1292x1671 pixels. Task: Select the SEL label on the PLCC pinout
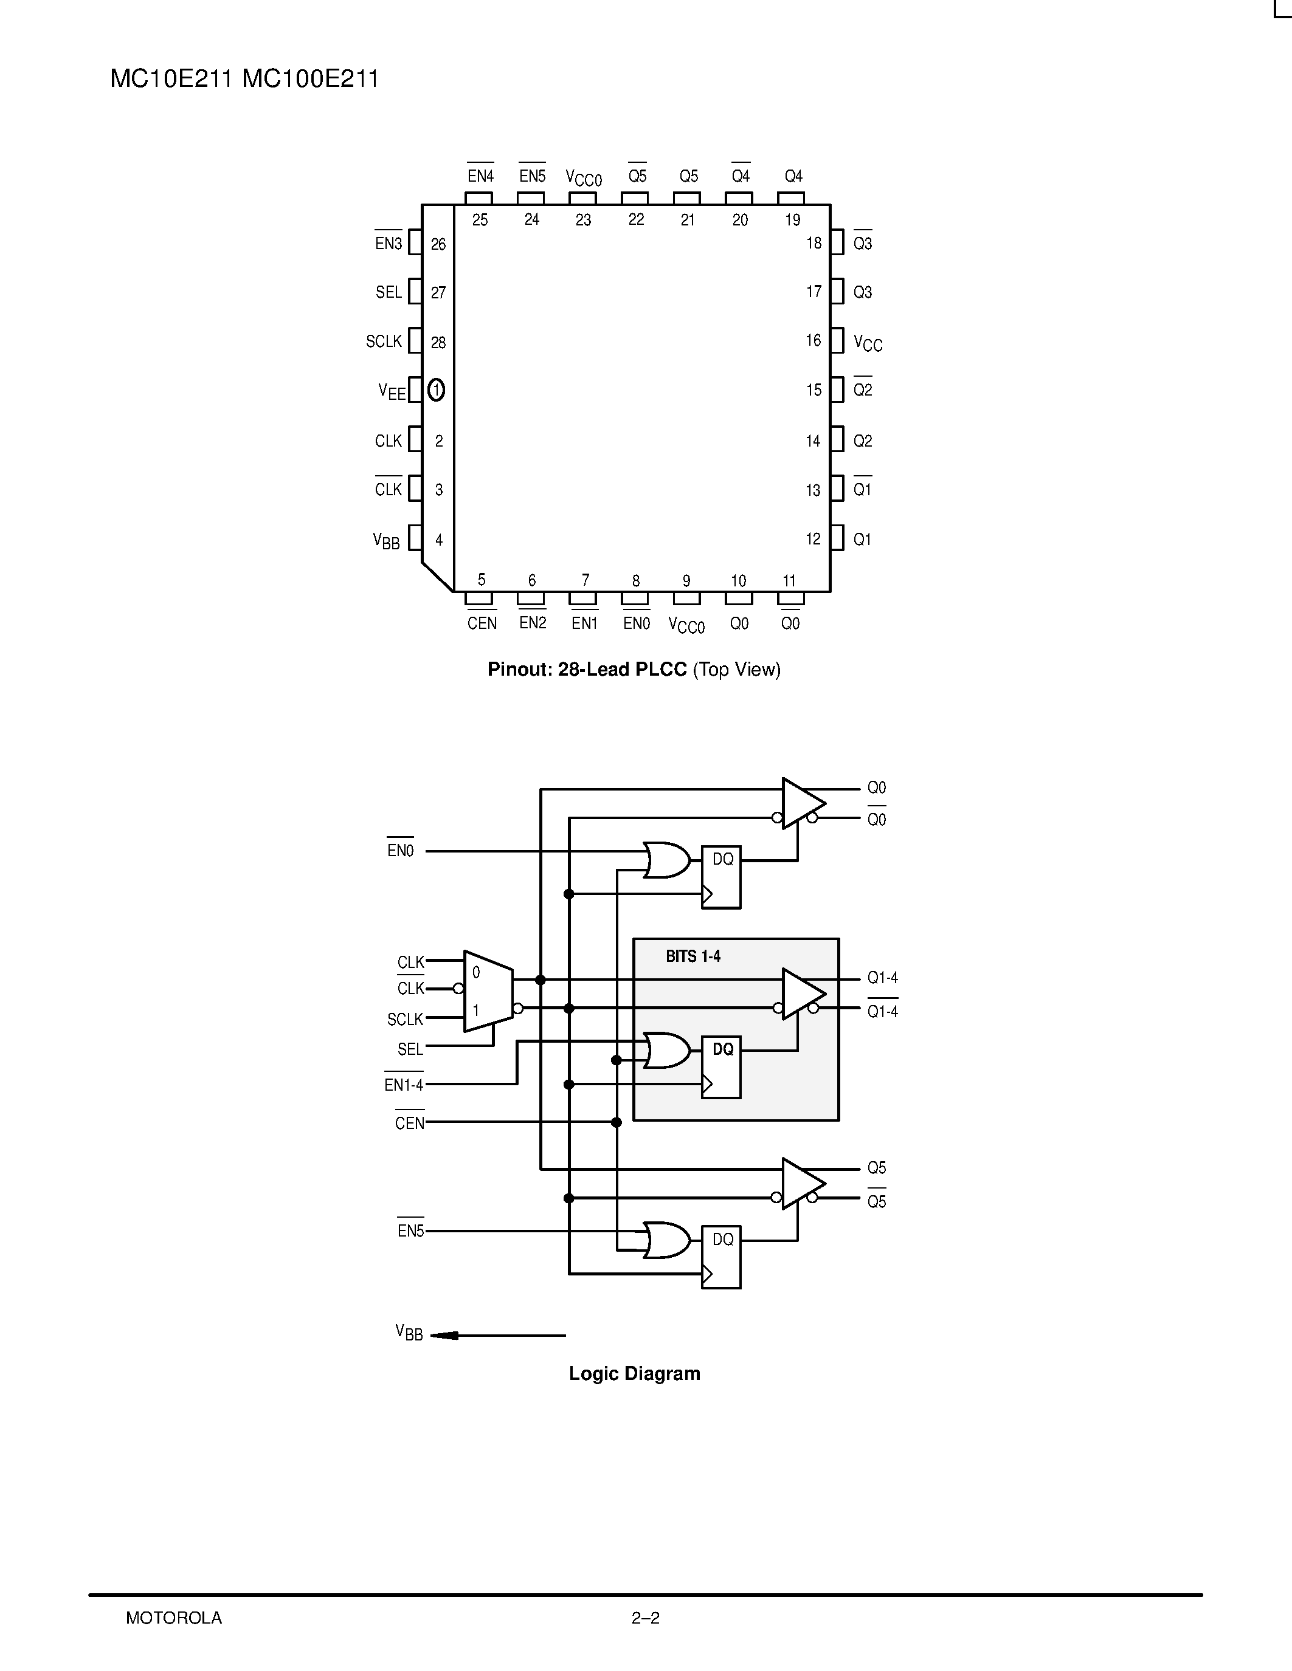389,292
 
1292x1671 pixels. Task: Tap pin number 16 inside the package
813,340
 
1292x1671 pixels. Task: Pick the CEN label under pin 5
482,623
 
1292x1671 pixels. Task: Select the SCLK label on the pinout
384,341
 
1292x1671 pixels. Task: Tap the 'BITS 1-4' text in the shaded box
693,956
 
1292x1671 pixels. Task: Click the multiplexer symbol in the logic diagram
488,992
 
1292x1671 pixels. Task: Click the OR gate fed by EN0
666,860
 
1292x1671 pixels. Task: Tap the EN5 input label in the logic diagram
410,1231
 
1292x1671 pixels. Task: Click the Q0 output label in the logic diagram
876,788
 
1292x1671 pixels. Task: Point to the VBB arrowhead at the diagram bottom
444,1336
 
